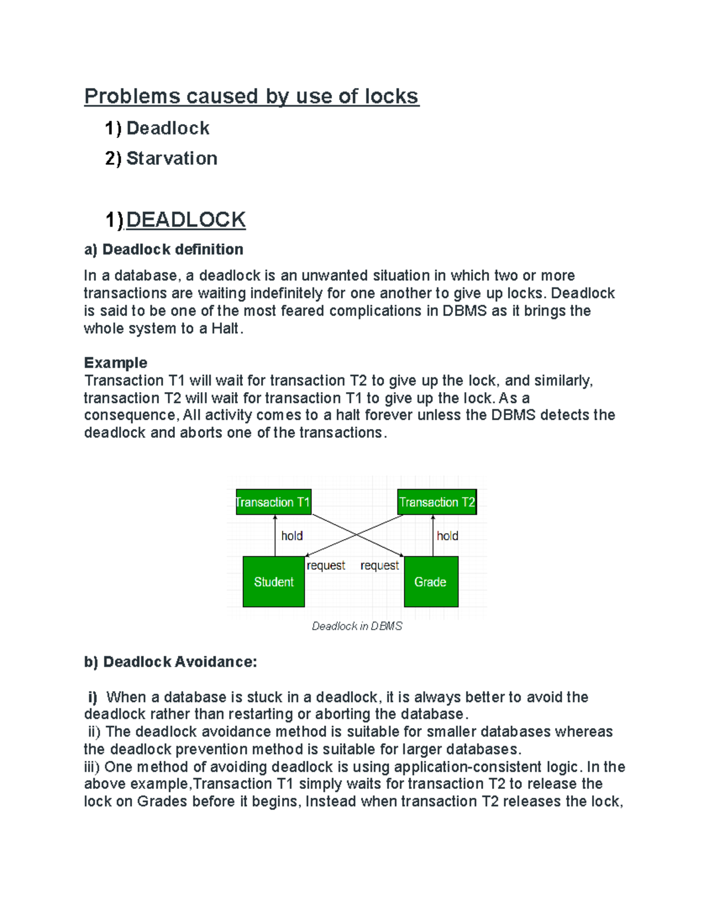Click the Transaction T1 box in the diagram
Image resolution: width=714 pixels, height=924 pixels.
(273, 502)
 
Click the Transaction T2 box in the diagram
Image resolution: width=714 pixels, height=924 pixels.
(437, 502)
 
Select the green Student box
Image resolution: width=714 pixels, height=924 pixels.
(274, 582)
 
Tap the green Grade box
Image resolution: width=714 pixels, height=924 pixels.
(431, 582)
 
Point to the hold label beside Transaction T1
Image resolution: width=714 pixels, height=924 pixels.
(292, 536)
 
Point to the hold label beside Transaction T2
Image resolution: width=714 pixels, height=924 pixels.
(447, 536)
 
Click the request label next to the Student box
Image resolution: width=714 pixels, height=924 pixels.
(325, 565)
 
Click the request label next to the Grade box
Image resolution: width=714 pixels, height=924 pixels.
(380, 565)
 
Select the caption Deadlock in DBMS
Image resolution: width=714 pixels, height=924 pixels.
(357, 626)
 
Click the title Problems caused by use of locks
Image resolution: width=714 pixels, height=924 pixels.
(251, 96)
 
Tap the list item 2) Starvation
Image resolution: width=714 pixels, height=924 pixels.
(161, 158)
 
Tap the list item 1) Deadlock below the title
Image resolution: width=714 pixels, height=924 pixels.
(157, 128)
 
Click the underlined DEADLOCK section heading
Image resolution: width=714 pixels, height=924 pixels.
(186, 220)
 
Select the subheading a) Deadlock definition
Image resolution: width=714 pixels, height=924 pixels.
(164, 249)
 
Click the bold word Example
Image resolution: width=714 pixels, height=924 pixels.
(115, 362)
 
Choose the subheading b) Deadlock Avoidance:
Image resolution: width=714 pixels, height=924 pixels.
(170, 662)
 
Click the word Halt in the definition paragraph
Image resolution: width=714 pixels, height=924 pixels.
(226, 328)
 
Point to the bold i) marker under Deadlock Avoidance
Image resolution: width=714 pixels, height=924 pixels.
(92, 697)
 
